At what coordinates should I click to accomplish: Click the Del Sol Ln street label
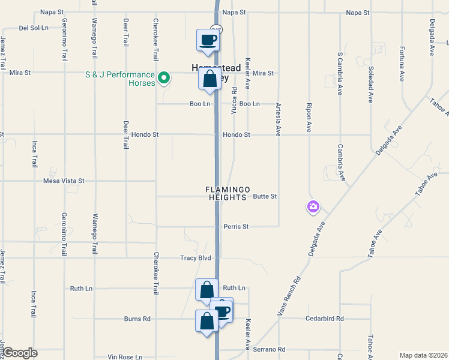pos(34,28)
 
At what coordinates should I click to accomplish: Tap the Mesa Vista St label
pos(64,180)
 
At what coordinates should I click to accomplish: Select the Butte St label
pos(265,196)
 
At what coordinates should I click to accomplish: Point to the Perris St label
pos(236,227)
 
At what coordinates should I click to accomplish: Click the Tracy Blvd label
pos(196,258)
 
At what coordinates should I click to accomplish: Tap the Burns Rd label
pos(137,319)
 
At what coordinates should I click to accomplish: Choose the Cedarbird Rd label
pos(324,319)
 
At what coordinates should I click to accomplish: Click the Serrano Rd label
pos(269,349)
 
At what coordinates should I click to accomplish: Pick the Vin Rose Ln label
pos(125,357)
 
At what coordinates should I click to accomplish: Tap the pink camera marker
pos(313,207)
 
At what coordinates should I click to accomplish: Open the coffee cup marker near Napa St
pos(208,41)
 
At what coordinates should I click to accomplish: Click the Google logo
pos(20,353)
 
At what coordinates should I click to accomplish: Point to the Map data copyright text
pos(423,355)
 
